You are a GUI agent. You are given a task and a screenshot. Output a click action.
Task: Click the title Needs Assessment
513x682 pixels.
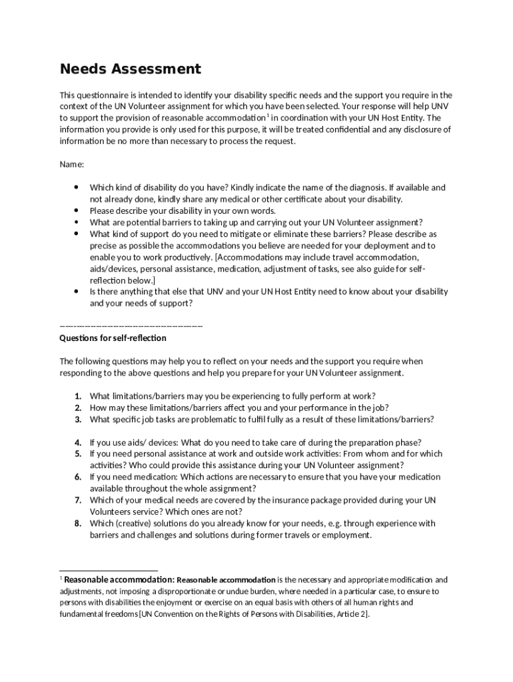[x=131, y=69]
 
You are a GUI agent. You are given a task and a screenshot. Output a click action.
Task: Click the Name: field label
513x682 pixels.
[x=72, y=164]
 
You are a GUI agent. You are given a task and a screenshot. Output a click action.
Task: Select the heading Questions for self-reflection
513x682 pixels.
[x=113, y=338]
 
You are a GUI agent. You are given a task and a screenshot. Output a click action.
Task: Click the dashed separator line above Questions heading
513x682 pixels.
[x=131, y=326]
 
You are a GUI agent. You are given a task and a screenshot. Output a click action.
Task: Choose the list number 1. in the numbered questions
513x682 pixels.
[x=78, y=396]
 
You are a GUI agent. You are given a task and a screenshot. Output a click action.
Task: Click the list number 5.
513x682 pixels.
[x=78, y=454]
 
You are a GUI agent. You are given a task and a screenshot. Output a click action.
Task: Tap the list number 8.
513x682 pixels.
[x=78, y=523]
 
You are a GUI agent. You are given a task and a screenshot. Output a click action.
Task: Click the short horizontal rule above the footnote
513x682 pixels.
[x=109, y=571]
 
